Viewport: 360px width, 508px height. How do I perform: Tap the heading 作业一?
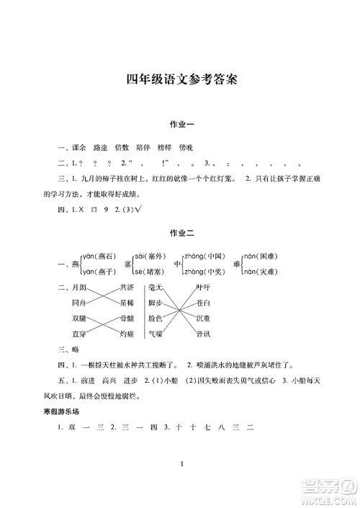(x=180, y=125)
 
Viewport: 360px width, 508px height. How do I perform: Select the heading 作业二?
(x=180, y=233)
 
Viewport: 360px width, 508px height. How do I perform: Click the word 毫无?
(x=156, y=287)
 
